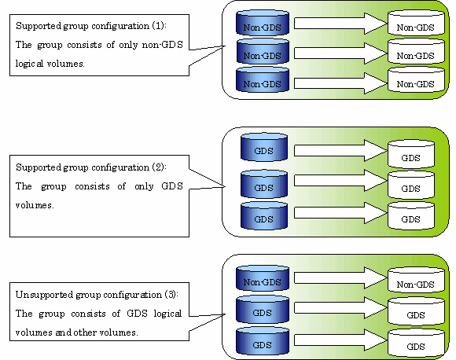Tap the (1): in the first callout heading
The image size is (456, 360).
[159, 26]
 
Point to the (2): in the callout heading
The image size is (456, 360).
[159, 167]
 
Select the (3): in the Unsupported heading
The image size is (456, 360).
[171, 295]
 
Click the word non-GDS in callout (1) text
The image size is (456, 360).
[162, 45]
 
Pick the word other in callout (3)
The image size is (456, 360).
[85, 332]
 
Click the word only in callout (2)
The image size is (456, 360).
[144, 186]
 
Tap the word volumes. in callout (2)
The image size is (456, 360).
[35, 205]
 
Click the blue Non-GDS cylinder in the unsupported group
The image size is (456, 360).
[263, 278]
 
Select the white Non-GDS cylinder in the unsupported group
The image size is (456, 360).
[416, 280]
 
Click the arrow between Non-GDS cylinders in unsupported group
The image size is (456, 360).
[340, 278]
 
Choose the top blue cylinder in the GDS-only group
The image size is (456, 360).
[264, 147]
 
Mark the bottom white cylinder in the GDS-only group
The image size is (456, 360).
[411, 216]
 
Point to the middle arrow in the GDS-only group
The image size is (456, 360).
[340, 181]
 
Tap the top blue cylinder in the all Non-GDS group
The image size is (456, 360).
[263, 23]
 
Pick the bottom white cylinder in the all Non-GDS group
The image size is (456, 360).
[416, 80]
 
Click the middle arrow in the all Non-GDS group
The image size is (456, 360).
[340, 53]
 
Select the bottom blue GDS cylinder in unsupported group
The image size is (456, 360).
[263, 341]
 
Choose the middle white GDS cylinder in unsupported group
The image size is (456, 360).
[416, 310]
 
